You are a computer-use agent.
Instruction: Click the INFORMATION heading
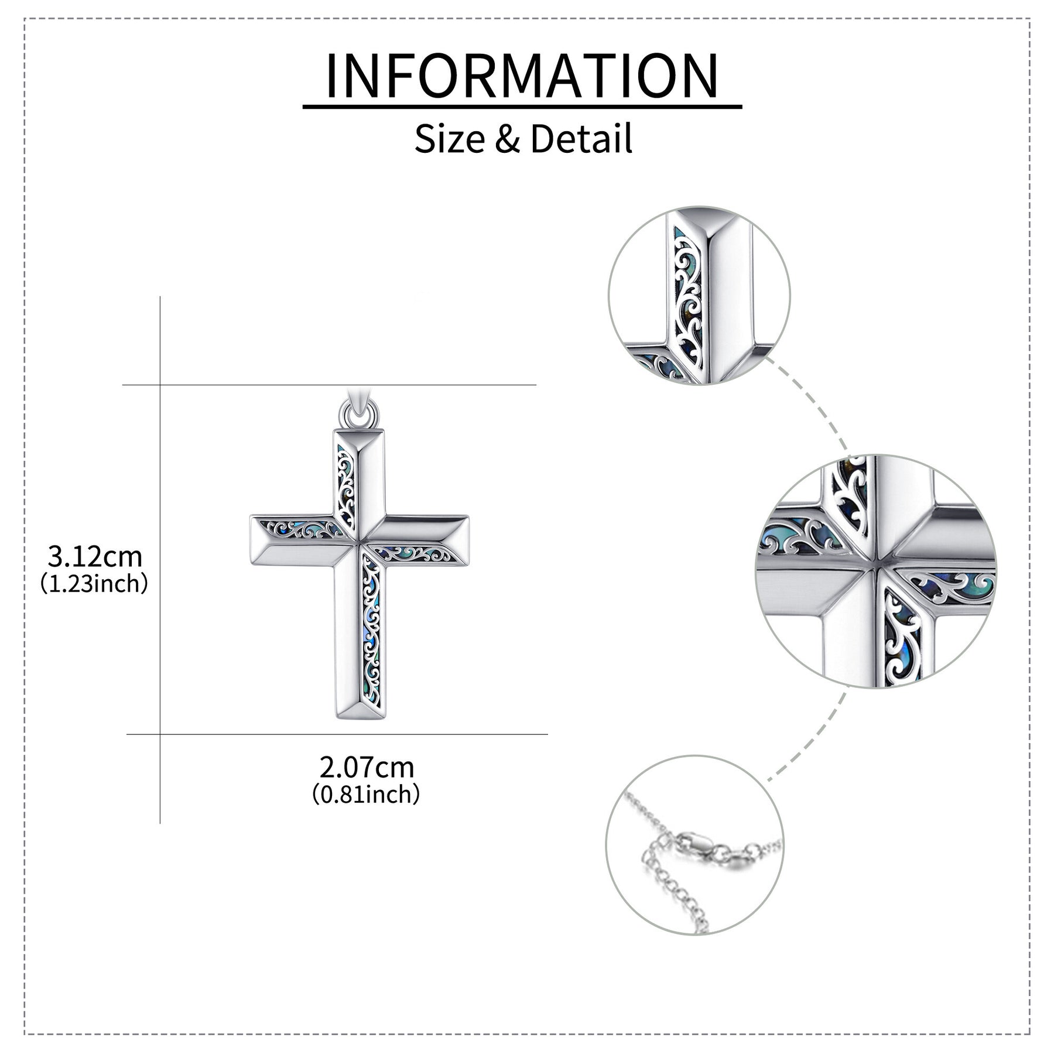tap(522, 76)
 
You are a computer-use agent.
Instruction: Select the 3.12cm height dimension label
tap(95, 556)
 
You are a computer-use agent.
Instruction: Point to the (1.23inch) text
tap(94, 584)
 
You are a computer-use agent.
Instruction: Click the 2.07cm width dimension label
tap(367, 767)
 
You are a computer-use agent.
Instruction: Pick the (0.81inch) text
tap(366, 795)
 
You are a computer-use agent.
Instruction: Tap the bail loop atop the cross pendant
tap(358, 413)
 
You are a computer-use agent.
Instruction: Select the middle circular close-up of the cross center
tap(875, 571)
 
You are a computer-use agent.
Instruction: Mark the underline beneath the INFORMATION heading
tap(522, 107)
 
